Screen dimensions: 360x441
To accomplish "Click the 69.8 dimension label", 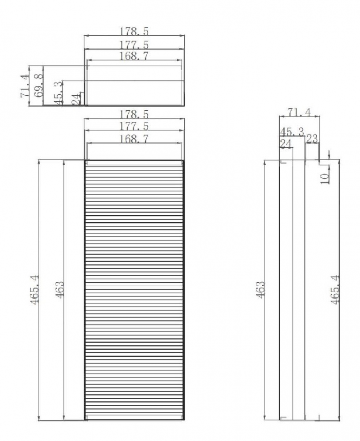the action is (38, 85).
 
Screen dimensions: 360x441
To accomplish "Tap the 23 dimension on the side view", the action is (312, 138).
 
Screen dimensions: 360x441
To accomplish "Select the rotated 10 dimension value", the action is (325, 179).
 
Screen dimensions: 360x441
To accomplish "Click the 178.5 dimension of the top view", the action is (134, 31).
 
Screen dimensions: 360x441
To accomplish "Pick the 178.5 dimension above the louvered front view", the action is (134, 114).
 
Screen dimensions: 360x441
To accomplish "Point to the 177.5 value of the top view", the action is (134, 45).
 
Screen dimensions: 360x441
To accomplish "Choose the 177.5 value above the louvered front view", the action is (134, 126).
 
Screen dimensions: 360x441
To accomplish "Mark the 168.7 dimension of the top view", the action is (134, 56).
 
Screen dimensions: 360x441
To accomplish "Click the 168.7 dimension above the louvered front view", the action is (134, 138).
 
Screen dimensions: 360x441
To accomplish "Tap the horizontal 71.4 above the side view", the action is (299, 112).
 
